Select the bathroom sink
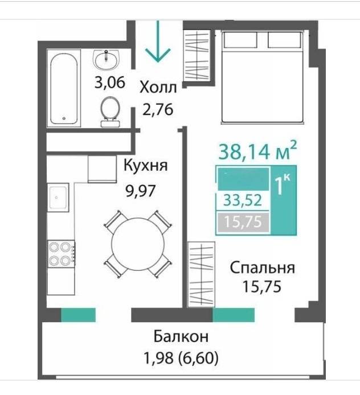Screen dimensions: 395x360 point(106,58)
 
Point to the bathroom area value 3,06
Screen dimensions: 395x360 point(109,83)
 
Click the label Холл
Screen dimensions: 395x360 point(158,88)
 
